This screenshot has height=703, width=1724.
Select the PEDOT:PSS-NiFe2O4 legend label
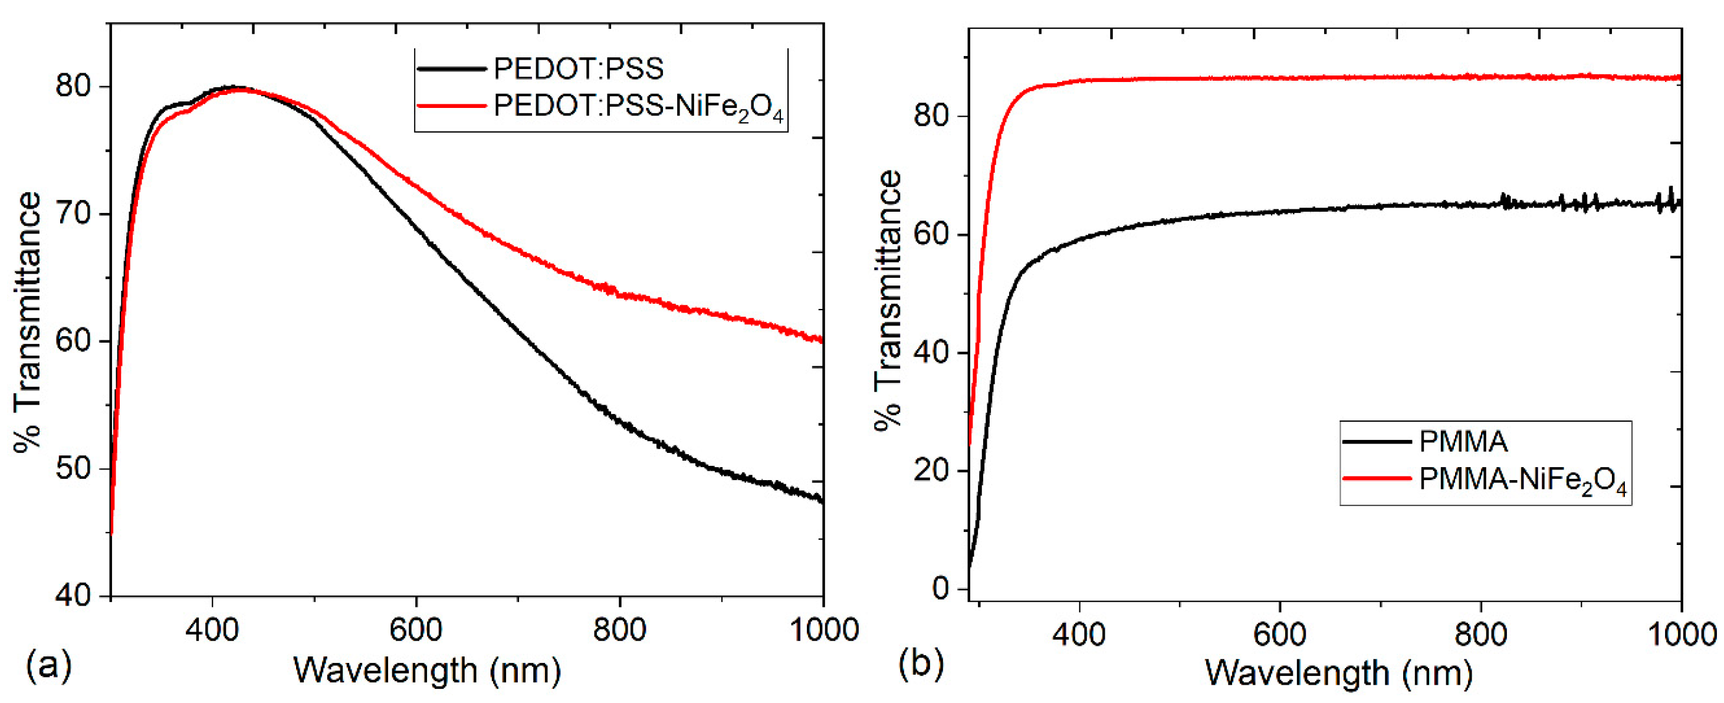[638, 107]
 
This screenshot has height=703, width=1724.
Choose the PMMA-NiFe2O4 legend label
[1522, 481]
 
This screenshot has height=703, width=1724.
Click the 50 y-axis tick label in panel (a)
[73, 468]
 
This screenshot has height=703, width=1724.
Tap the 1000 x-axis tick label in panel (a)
[823, 630]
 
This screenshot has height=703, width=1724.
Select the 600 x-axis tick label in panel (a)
[416, 630]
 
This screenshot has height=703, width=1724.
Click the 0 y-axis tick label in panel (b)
[940, 589]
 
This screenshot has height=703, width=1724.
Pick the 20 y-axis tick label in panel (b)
[931, 471]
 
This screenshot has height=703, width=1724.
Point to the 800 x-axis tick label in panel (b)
[1480, 633]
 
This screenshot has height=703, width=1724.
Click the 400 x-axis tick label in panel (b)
[1079, 633]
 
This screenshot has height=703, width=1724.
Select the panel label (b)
[921, 664]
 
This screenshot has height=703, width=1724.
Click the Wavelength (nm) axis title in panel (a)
[427, 670]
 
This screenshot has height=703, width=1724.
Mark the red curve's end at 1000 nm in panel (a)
[821, 340]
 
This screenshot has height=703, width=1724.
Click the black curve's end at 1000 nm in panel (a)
[821, 499]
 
